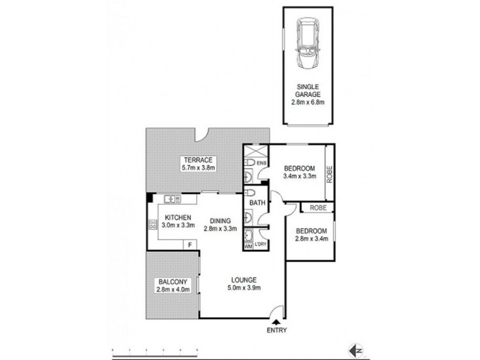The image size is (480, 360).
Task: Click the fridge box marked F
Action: [190, 245]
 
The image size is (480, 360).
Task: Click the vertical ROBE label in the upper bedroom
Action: [329, 173]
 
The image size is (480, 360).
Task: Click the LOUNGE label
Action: [244, 280]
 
